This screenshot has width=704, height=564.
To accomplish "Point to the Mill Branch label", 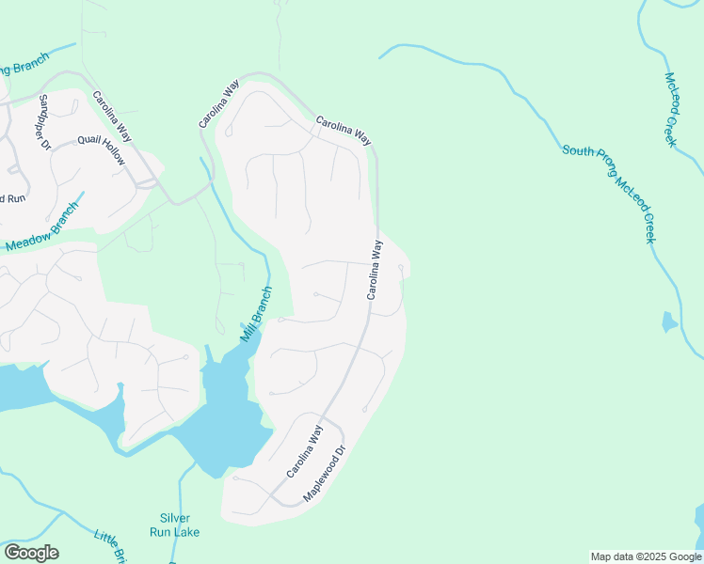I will (x=255, y=314).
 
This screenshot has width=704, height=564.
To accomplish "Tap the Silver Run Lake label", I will (x=175, y=525).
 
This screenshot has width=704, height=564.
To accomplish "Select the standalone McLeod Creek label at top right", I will (x=671, y=109).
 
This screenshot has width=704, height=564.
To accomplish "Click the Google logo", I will (x=31, y=553).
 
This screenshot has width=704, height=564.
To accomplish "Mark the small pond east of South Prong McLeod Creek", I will (x=668, y=322).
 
